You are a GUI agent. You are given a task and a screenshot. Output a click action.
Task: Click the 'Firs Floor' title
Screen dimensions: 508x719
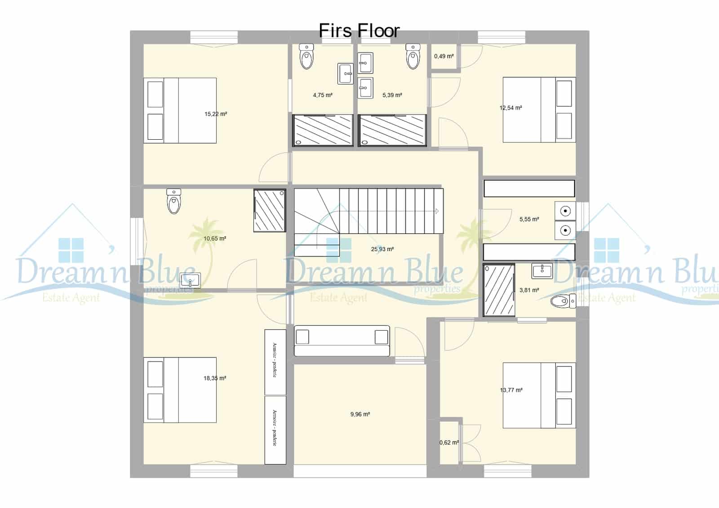[359, 31]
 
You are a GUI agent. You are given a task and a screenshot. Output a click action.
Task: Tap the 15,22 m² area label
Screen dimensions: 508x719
[216, 114]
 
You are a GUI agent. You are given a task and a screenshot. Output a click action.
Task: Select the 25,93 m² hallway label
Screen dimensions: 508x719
[382, 249]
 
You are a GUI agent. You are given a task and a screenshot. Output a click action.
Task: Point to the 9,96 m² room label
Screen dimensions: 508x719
[360, 414]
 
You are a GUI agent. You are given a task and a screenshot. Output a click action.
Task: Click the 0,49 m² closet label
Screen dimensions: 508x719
[444, 56]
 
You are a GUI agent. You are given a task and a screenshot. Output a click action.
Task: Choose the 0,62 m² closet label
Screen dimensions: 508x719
[449, 442]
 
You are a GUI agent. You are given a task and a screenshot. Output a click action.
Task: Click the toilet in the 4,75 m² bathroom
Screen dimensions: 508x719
[306, 57]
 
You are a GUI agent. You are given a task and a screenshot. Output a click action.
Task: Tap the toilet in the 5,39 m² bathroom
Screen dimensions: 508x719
[413, 57]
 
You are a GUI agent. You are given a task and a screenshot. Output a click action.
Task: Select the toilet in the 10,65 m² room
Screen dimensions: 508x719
[174, 201]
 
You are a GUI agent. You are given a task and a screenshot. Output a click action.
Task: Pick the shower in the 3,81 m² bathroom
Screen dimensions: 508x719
[499, 290]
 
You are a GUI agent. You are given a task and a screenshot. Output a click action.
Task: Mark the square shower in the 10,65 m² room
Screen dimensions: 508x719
[270, 211]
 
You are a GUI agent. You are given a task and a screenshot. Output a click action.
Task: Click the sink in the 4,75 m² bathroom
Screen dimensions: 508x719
[346, 73]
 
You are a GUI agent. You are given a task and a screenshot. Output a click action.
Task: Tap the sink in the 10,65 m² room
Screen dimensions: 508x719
[191, 281]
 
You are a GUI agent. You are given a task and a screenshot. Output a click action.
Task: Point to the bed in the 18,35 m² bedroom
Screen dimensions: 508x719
[180, 390]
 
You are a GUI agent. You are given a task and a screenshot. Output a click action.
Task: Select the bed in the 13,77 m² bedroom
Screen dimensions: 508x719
[539, 395]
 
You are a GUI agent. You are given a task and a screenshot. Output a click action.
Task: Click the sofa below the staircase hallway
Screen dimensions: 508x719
[342, 341]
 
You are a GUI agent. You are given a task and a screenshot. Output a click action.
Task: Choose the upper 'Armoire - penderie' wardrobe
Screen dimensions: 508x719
[275, 362]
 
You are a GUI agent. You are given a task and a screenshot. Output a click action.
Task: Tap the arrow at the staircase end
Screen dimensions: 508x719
[436, 211]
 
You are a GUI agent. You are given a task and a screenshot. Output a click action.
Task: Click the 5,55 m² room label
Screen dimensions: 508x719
[529, 219]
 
